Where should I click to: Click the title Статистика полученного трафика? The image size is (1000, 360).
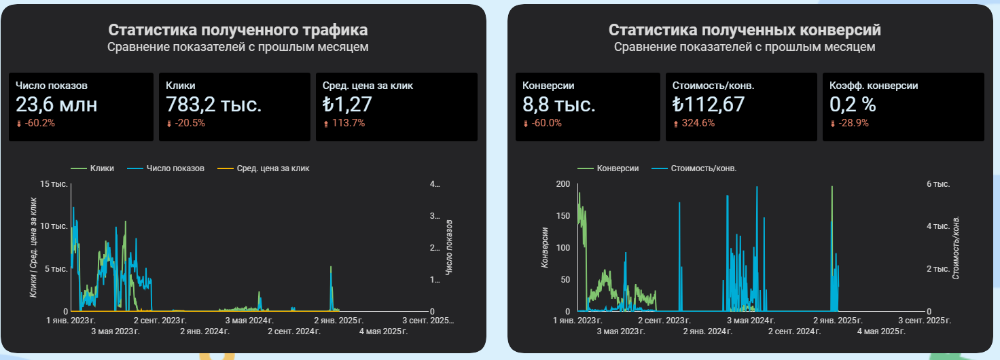(x=238, y=30)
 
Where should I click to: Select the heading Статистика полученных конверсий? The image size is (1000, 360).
(x=745, y=30)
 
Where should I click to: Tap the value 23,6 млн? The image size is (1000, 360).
(x=56, y=105)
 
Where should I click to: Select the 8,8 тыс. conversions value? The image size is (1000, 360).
(x=559, y=105)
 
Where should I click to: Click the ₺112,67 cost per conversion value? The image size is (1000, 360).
(x=709, y=105)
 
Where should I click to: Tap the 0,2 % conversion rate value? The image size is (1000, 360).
(x=853, y=105)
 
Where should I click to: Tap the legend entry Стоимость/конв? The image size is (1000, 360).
(x=703, y=168)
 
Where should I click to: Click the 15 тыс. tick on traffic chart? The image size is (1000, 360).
(x=55, y=184)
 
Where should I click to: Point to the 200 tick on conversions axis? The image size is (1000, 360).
(x=562, y=184)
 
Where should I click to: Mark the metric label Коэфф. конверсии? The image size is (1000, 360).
(x=874, y=86)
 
